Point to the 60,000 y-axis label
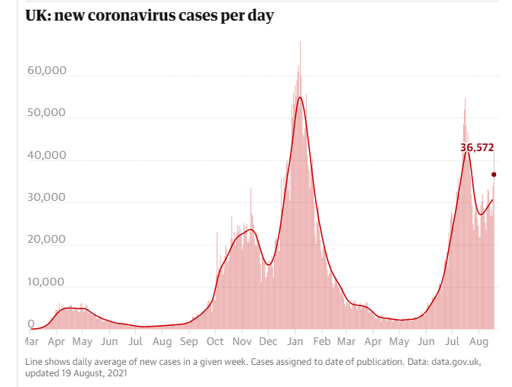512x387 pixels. pos(47,71)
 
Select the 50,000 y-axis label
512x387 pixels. pos(47,113)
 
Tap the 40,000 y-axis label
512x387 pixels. pos(47,156)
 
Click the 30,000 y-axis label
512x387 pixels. pos(47,198)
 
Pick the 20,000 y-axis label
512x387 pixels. pos(47,240)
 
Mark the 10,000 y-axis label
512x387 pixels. pos(47,282)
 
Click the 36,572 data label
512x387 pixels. pos(478,147)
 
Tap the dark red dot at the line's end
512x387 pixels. pos(494,175)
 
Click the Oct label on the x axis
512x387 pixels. pos(215,342)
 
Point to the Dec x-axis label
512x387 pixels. pos(269,342)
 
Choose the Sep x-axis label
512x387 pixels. pos(189,342)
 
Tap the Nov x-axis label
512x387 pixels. pos(242,342)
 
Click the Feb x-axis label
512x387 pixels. pos(321,342)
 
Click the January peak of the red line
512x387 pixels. pos(301,97)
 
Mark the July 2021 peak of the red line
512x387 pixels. pos(466,153)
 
